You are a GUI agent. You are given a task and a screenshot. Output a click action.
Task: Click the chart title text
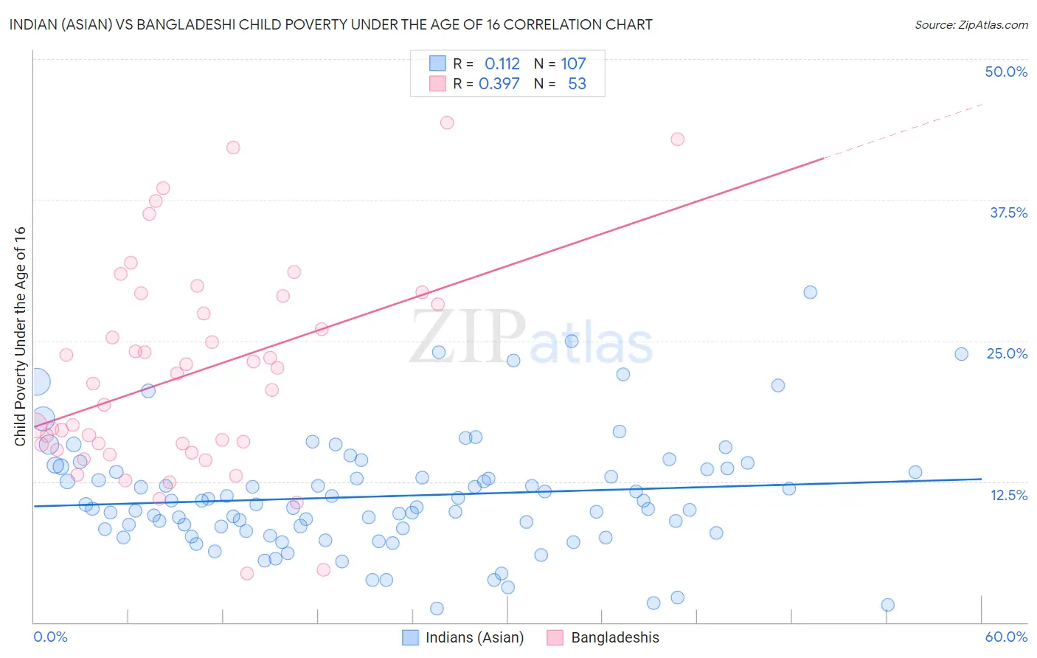click(x=330, y=24)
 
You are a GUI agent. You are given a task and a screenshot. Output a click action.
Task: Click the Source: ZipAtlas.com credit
click(x=971, y=24)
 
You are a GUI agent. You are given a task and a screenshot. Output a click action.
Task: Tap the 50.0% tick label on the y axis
click(x=1006, y=72)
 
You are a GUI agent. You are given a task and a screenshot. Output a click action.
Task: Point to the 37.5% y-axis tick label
click(x=1008, y=212)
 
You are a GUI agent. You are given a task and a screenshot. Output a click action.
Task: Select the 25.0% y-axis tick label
click(x=1007, y=353)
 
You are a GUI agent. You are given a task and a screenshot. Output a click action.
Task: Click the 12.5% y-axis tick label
click(x=1008, y=495)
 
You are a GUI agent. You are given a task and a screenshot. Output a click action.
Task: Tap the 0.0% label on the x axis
click(x=50, y=637)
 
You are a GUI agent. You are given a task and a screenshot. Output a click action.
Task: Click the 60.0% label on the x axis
click(x=1006, y=637)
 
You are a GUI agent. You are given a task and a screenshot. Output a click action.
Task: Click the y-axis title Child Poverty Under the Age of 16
click(x=21, y=336)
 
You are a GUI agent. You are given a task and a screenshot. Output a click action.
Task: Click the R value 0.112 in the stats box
click(x=502, y=63)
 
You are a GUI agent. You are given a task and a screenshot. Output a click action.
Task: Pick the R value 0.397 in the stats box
click(x=499, y=84)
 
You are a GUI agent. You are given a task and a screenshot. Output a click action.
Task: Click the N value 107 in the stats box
click(x=573, y=63)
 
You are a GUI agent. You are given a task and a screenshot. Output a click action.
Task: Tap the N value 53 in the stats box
click(x=577, y=84)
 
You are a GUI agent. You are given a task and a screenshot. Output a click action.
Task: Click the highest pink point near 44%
click(x=447, y=122)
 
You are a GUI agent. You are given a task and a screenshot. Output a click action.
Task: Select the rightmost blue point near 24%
click(x=961, y=354)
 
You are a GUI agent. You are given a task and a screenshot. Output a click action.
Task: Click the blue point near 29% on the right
click(x=810, y=292)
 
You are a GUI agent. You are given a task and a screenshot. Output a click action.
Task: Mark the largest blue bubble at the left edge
click(x=36, y=381)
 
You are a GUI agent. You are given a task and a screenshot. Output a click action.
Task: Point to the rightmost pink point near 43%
click(x=677, y=139)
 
